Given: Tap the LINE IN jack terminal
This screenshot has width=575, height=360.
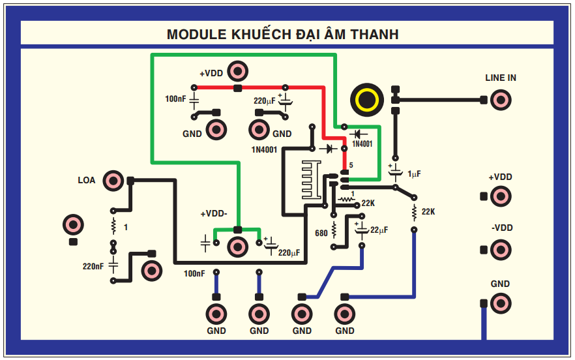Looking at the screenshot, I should (501, 100).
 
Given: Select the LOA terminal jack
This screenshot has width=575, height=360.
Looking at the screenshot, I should (113, 181).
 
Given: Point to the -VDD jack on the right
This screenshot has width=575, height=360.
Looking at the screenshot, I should (501, 249).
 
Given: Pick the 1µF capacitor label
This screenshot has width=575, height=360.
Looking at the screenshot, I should (414, 174).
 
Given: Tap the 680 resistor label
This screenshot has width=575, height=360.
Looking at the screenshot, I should (321, 233).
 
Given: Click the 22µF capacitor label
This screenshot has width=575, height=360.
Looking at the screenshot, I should (379, 230).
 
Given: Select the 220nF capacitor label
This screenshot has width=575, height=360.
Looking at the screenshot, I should (93, 266).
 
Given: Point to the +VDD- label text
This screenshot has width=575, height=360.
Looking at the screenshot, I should (214, 214).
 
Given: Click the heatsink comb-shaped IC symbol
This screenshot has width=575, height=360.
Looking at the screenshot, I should (310, 180).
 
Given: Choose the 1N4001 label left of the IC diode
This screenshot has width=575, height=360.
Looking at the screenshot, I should (265, 149).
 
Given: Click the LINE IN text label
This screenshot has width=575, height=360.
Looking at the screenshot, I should (501, 78).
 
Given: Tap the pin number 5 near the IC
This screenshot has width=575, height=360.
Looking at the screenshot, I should (351, 165).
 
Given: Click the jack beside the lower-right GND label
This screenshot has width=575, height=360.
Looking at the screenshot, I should (501, 303).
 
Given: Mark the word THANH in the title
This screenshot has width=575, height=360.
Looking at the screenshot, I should (374, 34).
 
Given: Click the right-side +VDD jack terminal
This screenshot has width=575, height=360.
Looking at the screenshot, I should (501, 196).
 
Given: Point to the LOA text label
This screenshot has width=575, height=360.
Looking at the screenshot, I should (87, 181).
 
